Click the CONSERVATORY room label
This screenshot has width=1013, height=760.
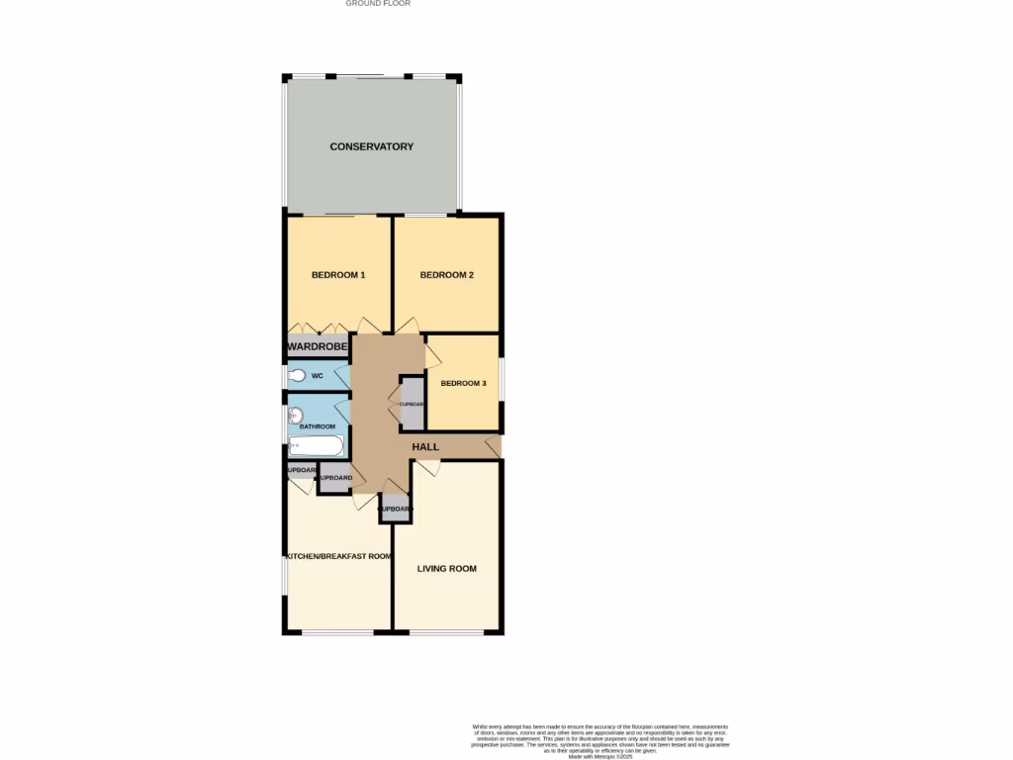pyautogui.click(x=372, y=146)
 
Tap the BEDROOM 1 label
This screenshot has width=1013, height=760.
pyautogui.click(x=338, y=275)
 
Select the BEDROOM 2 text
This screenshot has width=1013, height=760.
pyautogui.click(x=447, y=275)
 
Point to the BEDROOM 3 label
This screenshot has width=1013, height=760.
pyautogui.click(x=463, y=384)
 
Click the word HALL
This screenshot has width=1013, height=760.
pyautogui.click(x=425, y=447)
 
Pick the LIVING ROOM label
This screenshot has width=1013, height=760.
pyautogui.click(x=447, y=569)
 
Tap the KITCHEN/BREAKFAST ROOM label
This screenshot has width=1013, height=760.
pyautogui.click(x=338, y=557)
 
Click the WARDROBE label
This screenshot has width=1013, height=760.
pyautogui.click(x=318, y=347)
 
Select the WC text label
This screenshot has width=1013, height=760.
pyautogui.click(x=318, y=377)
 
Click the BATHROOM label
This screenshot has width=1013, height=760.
pyautogui.click(x=319, y=427)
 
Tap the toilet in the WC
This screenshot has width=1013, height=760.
pyautogui.click(x=298, y=377)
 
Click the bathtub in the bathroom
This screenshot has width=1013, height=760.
pyautogui.click(x=316, y=446)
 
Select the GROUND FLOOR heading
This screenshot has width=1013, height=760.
pyautogui.click(x=378, y=4)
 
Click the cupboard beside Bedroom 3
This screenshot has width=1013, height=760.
pyautogui.click(x=412, y=404)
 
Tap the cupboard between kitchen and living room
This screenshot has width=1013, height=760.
pyautogui.click(x=396, y=509)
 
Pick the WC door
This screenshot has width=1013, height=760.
pyautogui.click(x=342, y=377)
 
